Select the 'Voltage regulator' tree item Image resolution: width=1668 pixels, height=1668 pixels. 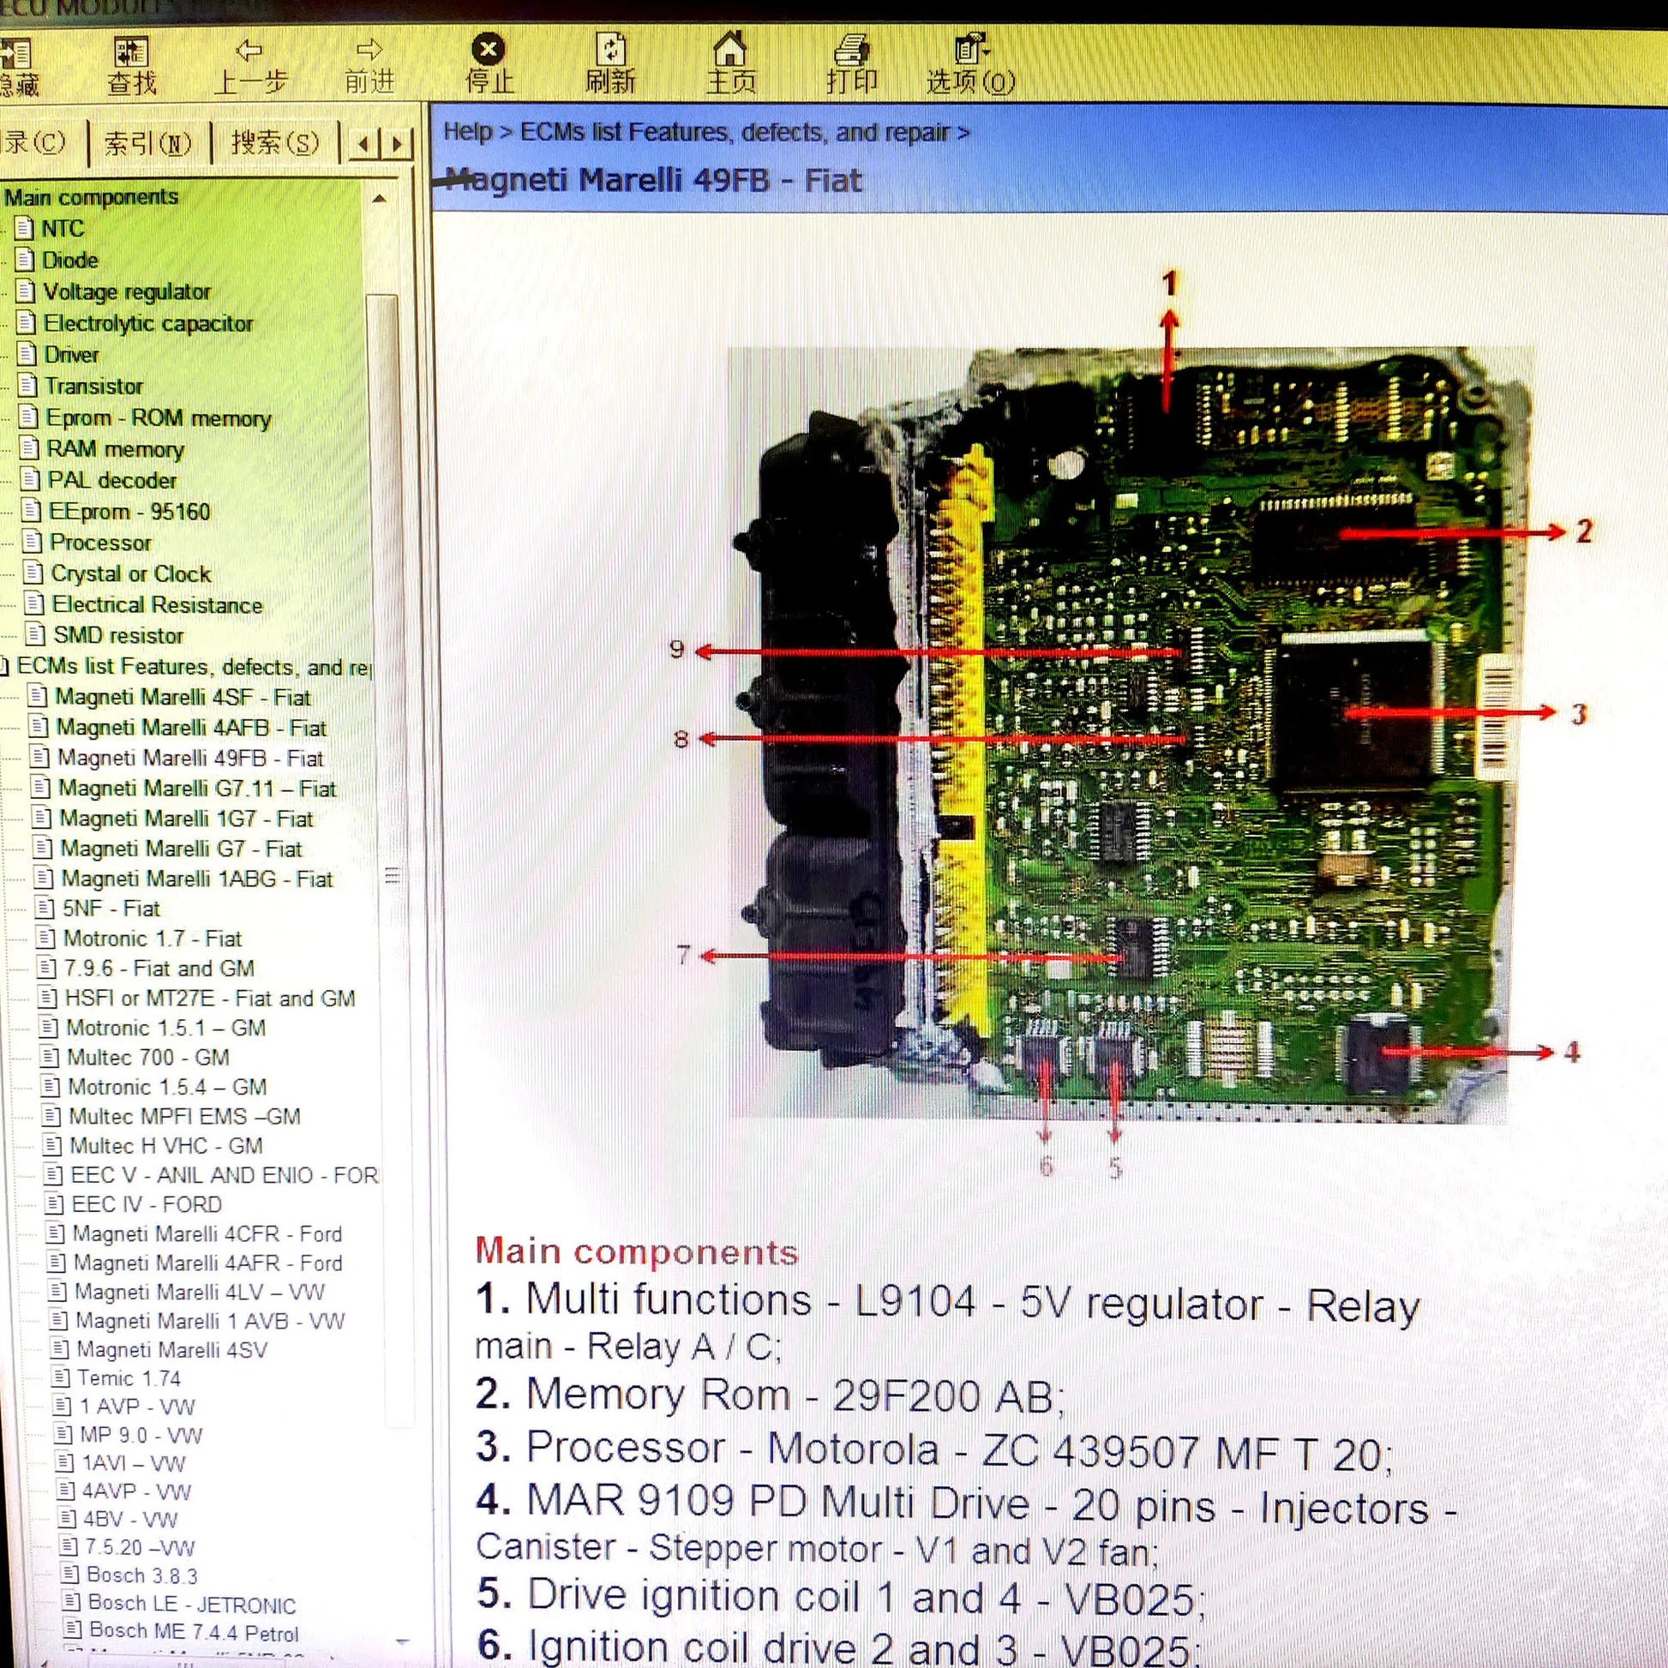[127, 291]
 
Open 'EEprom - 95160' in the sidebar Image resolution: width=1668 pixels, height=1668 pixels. [129, 511]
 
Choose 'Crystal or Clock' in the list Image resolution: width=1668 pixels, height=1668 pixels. [130, 574]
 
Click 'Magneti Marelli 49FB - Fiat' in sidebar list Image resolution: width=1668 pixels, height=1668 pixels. [190, 758]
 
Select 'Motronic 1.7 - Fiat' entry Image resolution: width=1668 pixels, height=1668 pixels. [153, 939]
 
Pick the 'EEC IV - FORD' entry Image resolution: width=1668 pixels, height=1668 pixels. [146, 1204]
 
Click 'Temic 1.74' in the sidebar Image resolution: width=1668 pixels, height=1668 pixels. [129, 1378]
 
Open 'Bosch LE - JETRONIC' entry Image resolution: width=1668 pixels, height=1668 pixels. [192, 1605]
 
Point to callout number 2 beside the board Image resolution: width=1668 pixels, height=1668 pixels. [1584, 531]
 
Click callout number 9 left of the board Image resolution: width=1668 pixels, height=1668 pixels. [677, 649]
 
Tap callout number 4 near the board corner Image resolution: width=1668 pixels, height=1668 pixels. [1572, 1052]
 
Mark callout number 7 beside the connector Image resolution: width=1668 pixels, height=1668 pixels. [683, 955]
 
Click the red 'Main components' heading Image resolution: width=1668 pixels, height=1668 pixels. [636, 1252]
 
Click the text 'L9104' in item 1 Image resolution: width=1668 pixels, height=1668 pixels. [915, 1301]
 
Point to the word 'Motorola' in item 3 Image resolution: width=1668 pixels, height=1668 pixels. [852, 1449]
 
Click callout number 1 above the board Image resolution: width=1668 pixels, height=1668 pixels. [1170, 283]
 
